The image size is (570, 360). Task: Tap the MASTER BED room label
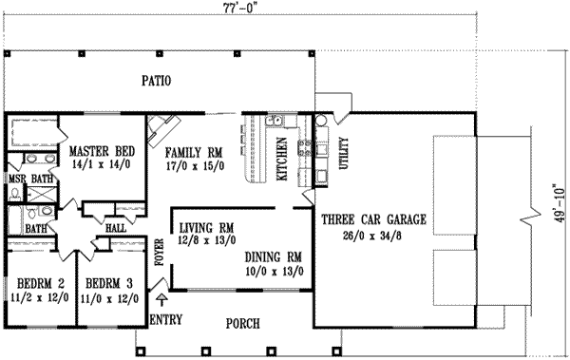(101, 151)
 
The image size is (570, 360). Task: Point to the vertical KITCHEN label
(281, 158)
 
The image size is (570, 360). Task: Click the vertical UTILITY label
(344, 155)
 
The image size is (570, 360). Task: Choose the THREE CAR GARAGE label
(373, 219)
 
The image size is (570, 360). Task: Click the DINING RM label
(273, 256)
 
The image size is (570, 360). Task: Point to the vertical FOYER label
(160, 243)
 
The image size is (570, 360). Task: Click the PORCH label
(244, 324)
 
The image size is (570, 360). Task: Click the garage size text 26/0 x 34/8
(372, 233)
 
